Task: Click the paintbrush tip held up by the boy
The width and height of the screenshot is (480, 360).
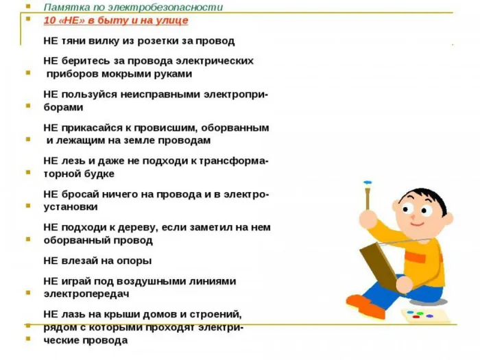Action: click(368, 184)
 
